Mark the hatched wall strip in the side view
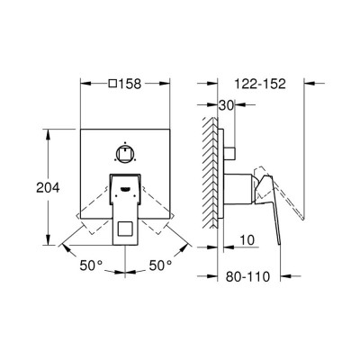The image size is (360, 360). (x=210, y=175)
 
